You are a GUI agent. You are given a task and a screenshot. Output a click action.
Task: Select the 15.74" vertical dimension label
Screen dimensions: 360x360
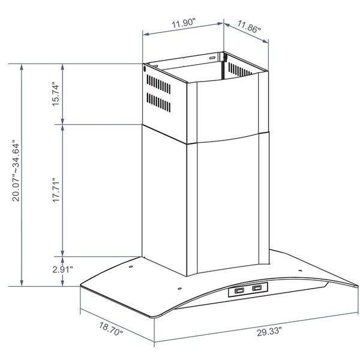[56, 94]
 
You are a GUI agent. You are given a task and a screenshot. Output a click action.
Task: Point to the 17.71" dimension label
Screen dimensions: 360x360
[56, 190]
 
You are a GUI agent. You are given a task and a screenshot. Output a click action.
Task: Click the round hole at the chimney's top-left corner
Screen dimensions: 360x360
[145, 69]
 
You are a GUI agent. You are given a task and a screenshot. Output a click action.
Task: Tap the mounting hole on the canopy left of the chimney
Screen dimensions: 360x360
[129, 266]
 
